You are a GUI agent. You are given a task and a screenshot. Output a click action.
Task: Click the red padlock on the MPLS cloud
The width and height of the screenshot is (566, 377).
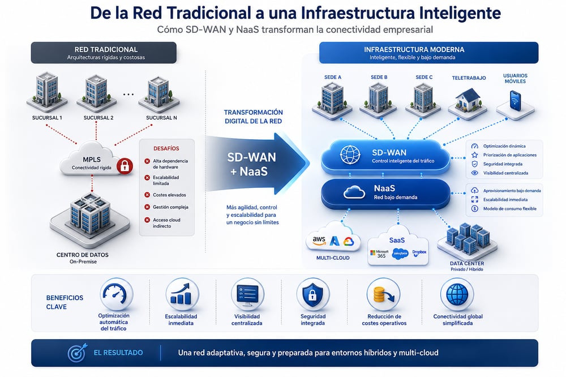pos(125,166)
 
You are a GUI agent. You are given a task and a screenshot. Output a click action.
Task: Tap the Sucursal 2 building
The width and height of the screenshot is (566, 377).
pos(97,93)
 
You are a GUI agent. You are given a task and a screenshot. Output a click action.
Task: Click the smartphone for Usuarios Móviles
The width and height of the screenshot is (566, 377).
pos(515,100)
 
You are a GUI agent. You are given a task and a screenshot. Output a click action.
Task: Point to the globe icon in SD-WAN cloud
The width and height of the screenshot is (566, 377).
pos(350,155)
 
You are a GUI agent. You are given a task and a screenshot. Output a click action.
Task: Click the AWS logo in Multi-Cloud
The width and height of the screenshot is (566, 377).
pos(319,241)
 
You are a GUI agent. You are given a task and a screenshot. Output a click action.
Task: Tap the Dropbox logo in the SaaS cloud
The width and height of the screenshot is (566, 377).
pos(419,253)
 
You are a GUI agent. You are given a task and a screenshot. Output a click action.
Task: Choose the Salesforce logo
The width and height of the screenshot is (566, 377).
pos(400,254)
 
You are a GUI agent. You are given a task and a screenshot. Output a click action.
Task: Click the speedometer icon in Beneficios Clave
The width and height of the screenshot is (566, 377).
pos(115,294)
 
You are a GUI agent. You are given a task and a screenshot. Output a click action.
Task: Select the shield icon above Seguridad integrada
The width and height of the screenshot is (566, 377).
pos(312,294)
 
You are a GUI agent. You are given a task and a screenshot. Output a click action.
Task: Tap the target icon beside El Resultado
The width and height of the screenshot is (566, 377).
pos(77,353)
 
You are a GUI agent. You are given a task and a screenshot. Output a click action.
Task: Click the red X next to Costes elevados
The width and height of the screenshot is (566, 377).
pos(147,195)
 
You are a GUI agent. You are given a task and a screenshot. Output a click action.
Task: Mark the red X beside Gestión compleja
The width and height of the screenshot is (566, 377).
pos(147,207)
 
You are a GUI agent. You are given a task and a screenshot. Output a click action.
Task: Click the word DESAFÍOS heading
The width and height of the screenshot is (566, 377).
pos(166,148)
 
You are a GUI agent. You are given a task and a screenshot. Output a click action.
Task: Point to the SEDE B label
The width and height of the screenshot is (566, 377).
pos(379,78)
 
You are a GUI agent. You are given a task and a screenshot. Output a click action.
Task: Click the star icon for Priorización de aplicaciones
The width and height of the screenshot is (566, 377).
pos(474,155)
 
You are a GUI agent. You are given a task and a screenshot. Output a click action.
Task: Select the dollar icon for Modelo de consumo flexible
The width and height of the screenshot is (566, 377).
pos(475,208)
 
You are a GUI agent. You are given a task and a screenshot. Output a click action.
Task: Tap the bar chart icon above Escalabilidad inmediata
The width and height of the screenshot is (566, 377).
pos(182,294)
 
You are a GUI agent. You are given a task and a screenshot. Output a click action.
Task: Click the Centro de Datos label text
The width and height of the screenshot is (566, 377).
pos(82,255)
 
